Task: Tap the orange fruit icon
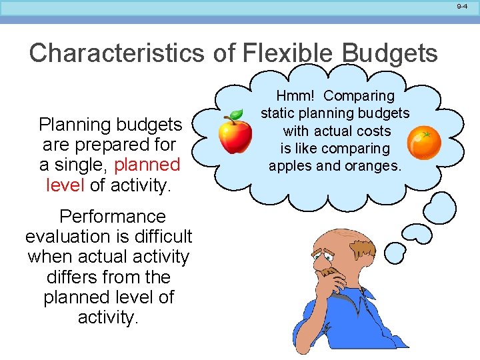point(424,143)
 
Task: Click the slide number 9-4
point(462,6)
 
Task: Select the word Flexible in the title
point(294,53)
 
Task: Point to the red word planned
point(147,164)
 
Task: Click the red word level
point(65,185)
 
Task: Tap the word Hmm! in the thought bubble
point(293,97)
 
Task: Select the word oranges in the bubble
point(376,165)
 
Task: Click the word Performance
point(112,217)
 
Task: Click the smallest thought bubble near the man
point(396,252)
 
